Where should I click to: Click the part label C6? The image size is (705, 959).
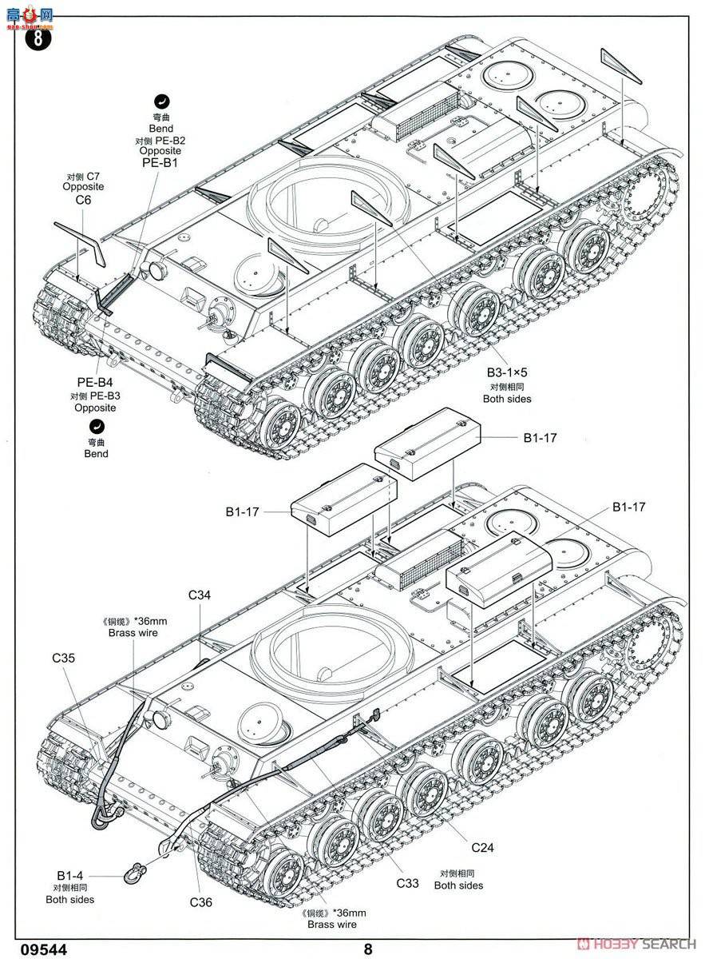84,200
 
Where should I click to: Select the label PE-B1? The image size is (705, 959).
160,163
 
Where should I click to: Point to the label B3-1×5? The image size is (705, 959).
507,372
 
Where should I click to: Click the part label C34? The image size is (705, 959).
200,595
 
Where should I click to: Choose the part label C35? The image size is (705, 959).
63,658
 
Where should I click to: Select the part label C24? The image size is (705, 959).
485,847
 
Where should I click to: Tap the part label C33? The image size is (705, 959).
408,883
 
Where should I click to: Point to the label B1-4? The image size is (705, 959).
70,875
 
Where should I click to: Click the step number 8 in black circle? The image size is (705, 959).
38,38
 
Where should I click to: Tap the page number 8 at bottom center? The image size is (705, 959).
367,949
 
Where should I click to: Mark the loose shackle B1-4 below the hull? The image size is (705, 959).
132,869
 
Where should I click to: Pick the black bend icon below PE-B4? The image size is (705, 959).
97,426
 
